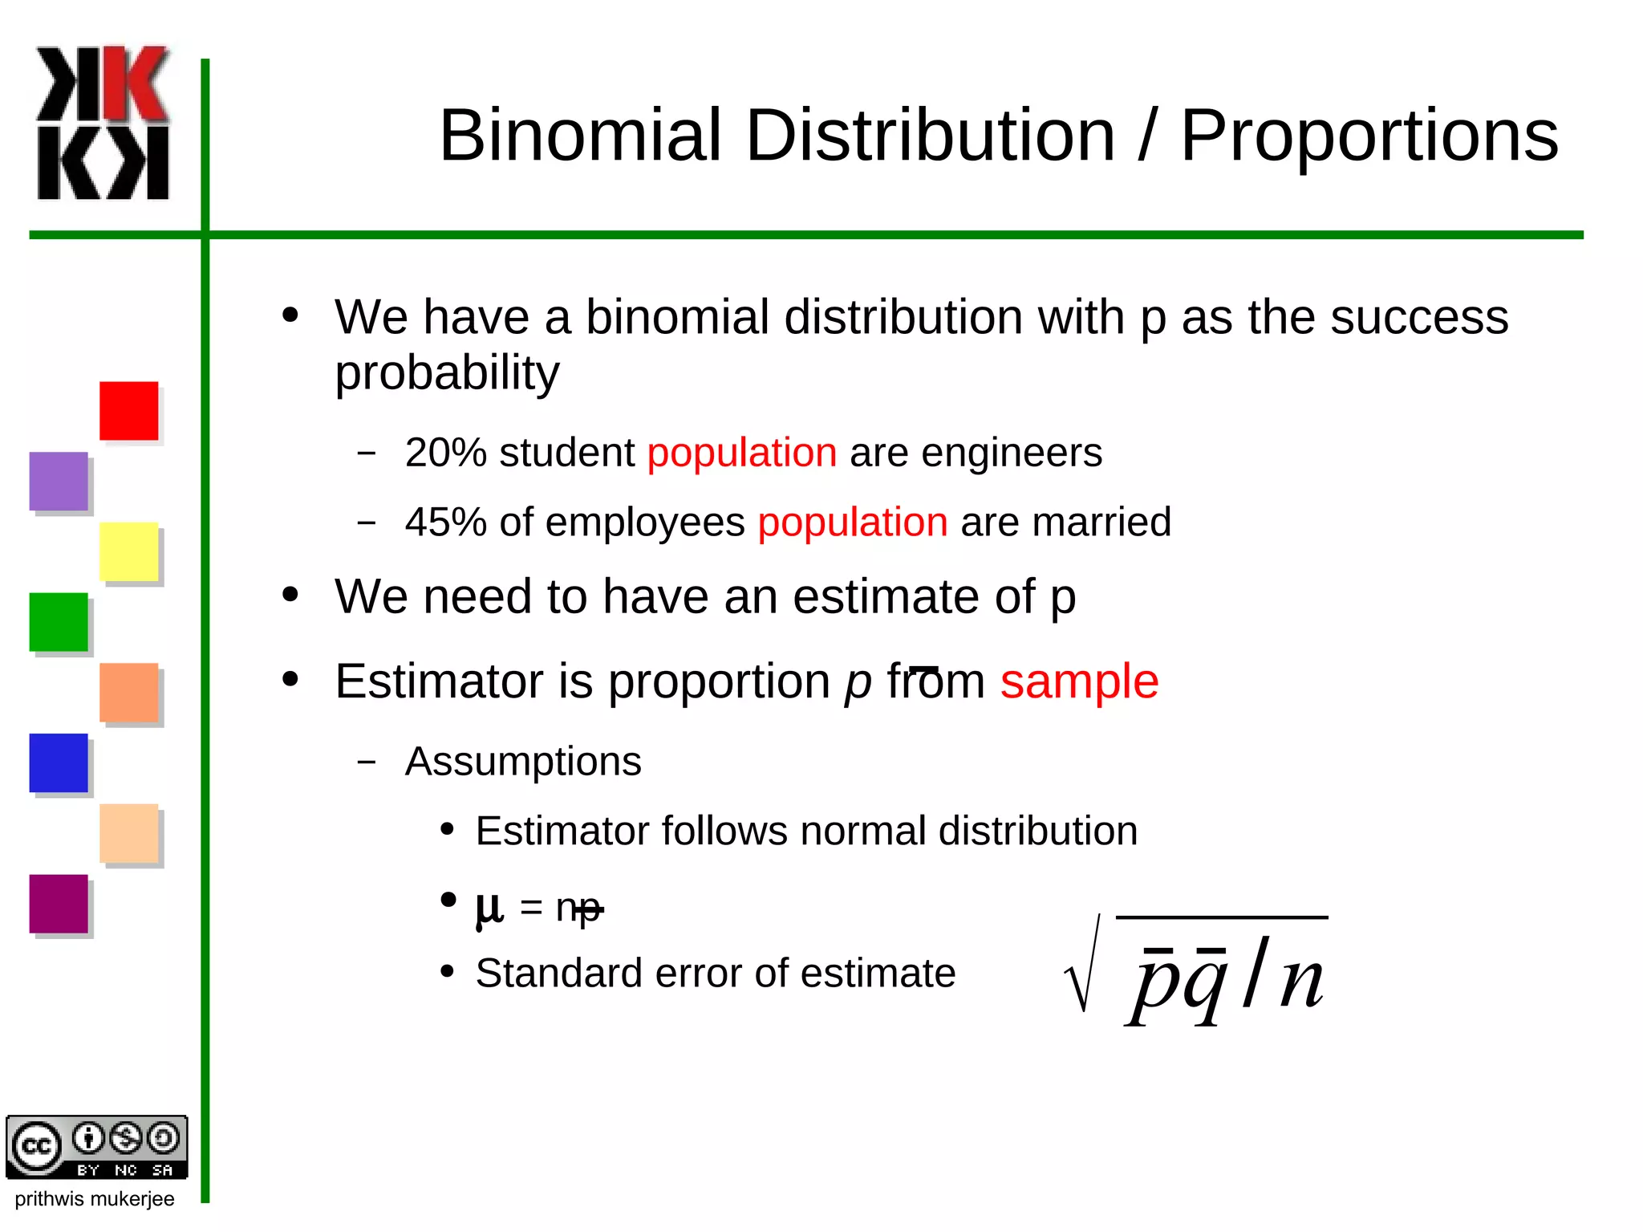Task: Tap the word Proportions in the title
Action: [1369, 136]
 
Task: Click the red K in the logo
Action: [136, 83]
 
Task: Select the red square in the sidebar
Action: [128, 410]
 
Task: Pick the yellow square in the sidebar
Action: [128, 551]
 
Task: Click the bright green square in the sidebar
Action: [59, 622]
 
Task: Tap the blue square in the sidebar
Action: [59, 762]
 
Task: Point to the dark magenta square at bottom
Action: [59, 904]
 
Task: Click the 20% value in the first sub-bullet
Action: [446, 453]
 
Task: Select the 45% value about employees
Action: [446, 522]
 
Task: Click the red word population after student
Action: [742, 453]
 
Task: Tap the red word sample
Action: [1079, 681]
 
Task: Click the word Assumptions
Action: [523, 761]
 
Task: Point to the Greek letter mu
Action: [489, 908]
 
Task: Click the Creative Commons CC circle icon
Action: [35, 1146]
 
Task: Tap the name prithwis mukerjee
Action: [95, 1199]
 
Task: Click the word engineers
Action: [1012, 453]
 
